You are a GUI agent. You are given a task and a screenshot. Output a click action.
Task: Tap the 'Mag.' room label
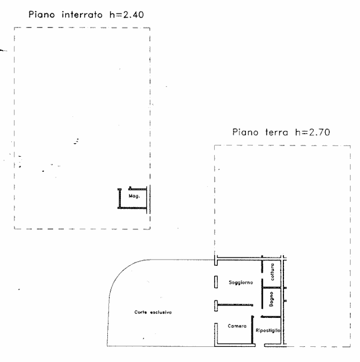(134, 197)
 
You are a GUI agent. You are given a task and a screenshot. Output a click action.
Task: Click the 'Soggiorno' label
(240, 283)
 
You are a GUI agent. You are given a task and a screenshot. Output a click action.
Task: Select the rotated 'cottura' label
(272, 271)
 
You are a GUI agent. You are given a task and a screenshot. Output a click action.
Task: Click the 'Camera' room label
(237, 326)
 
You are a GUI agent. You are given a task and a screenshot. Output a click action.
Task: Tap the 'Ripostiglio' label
(267, 331)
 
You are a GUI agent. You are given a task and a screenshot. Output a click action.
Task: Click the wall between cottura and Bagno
(272, 287)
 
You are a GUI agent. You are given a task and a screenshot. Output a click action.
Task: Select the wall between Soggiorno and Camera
(235, 305)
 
